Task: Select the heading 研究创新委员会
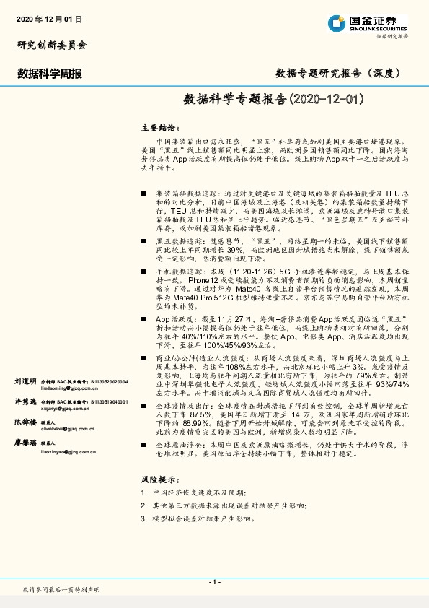pos(51,45)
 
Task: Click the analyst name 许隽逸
pos(25,401)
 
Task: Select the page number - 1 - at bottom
pos(213,582)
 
